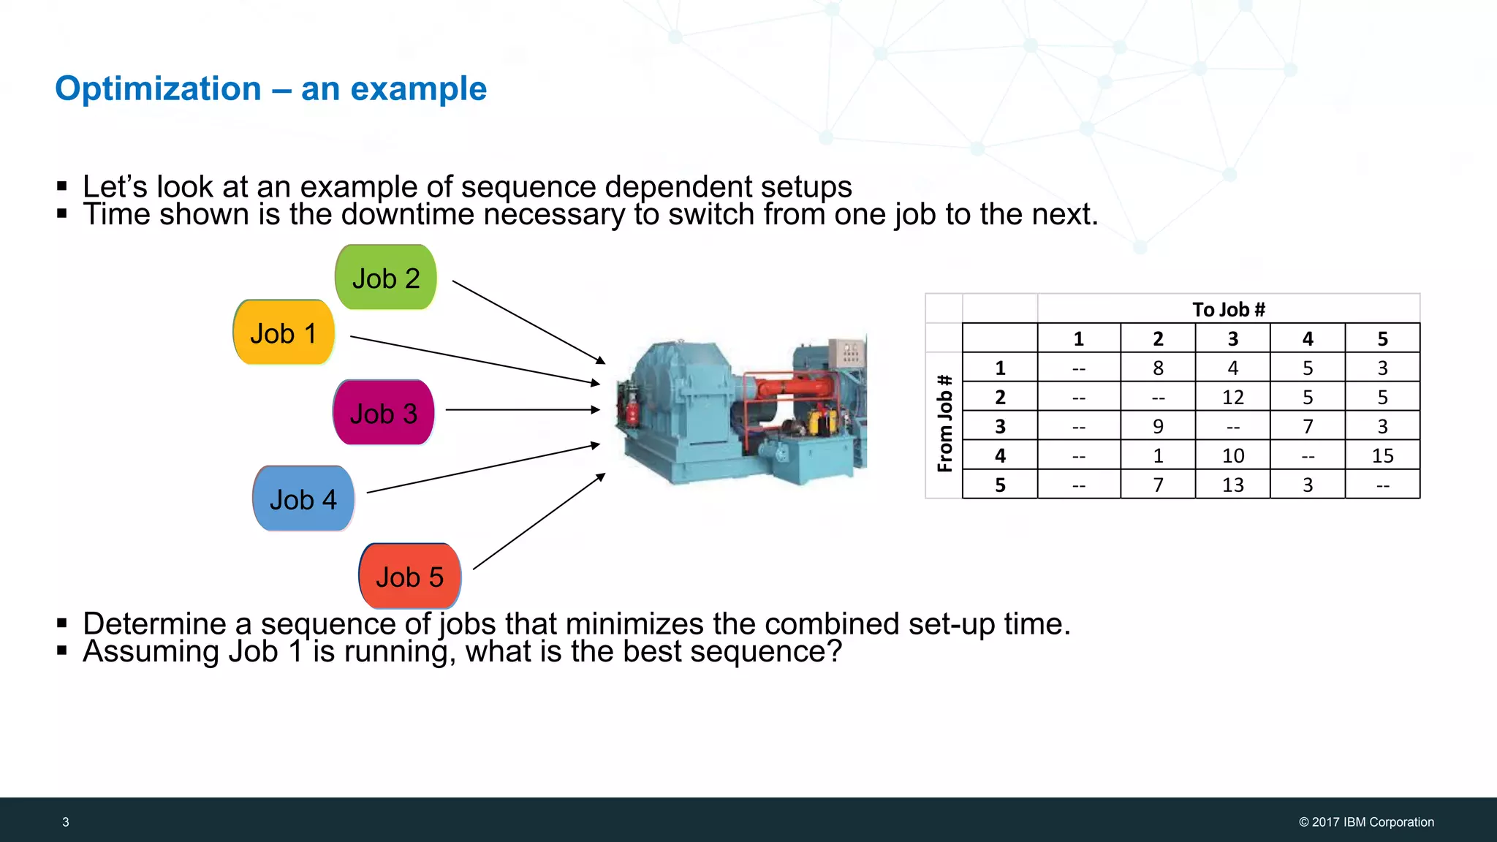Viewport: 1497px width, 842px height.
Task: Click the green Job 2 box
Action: coord(386,278)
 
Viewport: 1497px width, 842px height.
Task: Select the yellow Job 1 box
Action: coord(284,333)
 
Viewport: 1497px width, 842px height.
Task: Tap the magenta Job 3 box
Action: coord(384,413)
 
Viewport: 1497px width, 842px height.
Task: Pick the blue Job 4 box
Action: coord(303,499)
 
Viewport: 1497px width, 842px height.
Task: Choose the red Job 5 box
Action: coord(409,577)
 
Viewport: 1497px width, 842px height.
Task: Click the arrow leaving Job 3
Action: coord(522,410)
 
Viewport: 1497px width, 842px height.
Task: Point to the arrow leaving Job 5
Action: coord(539,521)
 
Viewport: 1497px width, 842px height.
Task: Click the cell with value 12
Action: coord(1232,397)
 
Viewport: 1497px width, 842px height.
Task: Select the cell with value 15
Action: coord(1382,455)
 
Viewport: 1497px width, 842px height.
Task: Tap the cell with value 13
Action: coord(1232,485)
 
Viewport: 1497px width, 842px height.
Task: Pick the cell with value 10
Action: coord(1232,455)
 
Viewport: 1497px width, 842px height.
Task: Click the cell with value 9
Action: coord(1158,426)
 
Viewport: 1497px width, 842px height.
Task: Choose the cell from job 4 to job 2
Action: coord(1158,455)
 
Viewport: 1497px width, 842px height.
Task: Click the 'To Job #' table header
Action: coord(1228,309)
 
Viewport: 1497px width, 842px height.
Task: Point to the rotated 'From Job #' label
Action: coord(944,424)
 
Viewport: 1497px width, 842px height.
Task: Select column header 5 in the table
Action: coord(1382,338)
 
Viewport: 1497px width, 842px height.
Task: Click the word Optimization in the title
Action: coord(158,89)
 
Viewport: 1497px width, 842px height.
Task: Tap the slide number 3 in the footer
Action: coord(66,822)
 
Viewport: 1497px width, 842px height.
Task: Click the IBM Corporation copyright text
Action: coord(1366,822)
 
